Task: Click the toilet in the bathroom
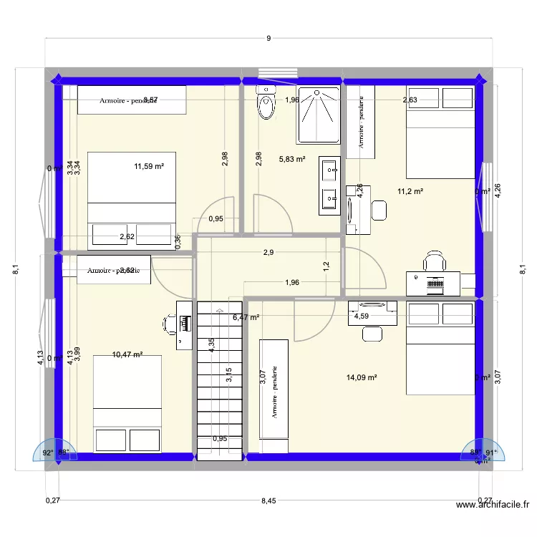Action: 266,104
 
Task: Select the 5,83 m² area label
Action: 291,160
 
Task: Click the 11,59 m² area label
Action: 149,166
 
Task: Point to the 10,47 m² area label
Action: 127,354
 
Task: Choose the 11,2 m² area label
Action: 410,191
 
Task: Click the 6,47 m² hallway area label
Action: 246,316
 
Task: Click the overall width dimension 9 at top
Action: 268,39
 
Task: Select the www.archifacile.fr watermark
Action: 493,505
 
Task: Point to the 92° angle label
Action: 47,453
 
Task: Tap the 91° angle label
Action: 490,453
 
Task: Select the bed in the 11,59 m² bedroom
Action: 132,198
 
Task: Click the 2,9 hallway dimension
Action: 268,252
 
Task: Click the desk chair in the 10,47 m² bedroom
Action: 170,324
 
